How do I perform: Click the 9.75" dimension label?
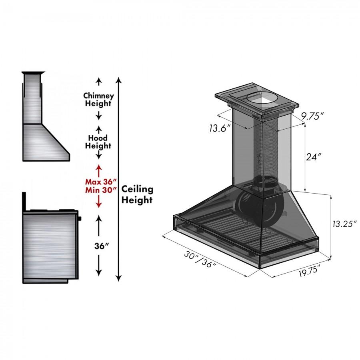312,116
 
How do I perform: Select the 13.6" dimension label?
220,128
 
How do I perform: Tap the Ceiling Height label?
137,194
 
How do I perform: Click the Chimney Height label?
98,100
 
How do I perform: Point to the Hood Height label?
98,142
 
